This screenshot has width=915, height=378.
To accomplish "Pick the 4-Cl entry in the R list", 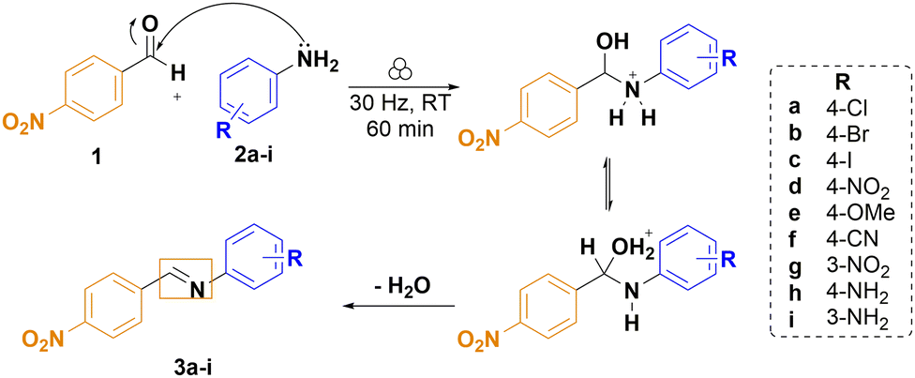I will [x=838, y=113].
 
